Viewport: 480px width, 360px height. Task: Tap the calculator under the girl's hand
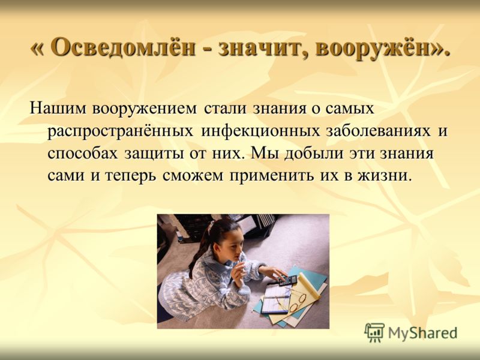(287, 280)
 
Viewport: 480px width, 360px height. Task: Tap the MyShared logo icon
(374, 332)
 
